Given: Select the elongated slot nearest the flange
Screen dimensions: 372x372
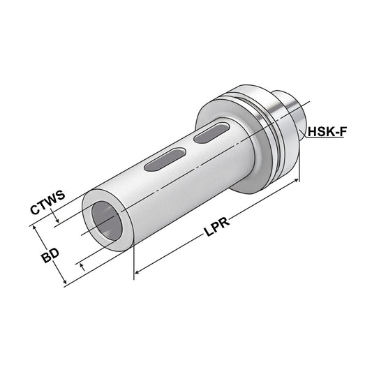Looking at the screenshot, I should [213, 133].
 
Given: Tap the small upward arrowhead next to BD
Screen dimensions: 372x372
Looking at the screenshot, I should [82, 264].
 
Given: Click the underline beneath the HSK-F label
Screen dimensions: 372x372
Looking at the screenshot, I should [327, 138].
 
